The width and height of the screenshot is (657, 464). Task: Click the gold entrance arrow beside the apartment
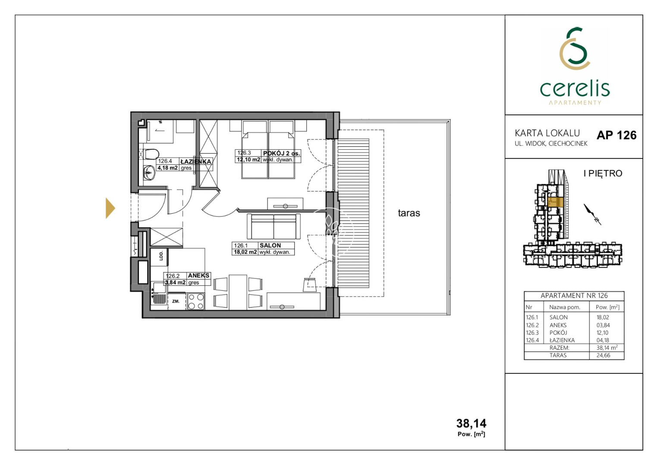point(110,208)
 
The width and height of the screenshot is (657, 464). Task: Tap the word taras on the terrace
point(409,213)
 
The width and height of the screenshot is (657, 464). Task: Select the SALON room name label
point(270,245)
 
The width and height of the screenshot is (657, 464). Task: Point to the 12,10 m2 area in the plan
point(248,160)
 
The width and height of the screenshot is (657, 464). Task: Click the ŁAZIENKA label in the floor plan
point(196,161)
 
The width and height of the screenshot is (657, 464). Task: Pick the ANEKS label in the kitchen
point(198,275)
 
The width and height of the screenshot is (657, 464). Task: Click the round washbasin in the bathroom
point(149,173)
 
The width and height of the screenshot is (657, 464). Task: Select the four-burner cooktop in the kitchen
point(196,301)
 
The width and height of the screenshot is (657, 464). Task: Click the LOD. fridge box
point(159,257)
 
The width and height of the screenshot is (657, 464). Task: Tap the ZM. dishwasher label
point(176,301)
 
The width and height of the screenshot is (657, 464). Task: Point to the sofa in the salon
point(273,226)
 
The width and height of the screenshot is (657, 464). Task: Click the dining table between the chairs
point(238,292)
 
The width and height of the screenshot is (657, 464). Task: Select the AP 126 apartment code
point(616,135)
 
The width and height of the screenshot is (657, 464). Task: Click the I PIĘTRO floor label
point(603,174)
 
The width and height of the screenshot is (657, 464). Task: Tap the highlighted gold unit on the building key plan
point(555,202)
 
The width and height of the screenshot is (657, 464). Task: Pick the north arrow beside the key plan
point(592,215)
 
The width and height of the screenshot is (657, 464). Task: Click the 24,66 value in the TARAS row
point(603,355)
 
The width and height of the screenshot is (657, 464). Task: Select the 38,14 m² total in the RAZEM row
point(607,348)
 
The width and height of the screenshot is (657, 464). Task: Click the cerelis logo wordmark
point(575,88)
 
